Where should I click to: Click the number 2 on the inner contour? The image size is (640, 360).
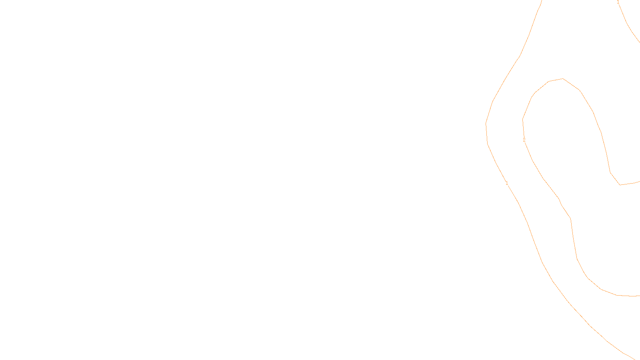524,140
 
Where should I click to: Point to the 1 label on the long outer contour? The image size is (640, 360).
507,183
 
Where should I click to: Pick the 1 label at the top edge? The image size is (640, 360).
618,2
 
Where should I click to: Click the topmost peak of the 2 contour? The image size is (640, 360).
563,79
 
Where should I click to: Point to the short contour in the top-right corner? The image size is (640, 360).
628,24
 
